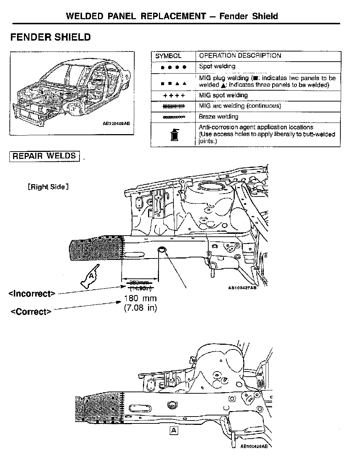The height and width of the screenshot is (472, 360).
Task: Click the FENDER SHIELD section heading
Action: pyautogui.click(x=50, y=37)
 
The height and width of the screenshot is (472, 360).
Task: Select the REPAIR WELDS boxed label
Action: pyautogui.click(x=44, y=156)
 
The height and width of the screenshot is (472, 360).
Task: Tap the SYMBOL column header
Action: pyautogui.click(x=168, y=56)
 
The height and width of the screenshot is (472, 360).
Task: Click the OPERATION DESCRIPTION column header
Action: pyautogui.click(x=240, y=56)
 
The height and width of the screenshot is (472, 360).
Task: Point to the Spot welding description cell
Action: pyautogui.click(x=217, y=66)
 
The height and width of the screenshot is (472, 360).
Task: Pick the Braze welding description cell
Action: pyautogui.click(x=218, y=117)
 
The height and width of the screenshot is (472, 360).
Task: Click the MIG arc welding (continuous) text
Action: pyautogui.click(x=240, y=106)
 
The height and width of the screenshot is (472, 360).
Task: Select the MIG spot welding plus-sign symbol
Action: pyautogui.click(x=174, y=96)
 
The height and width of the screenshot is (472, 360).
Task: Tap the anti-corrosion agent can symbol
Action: pyautogui.click(x=173, y=134)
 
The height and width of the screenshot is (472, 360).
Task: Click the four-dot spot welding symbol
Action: pyautogui.click(x=173, y=67)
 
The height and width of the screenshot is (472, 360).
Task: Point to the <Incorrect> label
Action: pyautogui.click(x=32, y=294)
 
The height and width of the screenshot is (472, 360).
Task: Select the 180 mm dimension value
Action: pyautogui.click(x=140, y=299)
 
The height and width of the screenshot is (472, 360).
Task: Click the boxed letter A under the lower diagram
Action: pyautogui.click(x=174, y=430)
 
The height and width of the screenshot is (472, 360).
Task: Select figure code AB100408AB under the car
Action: pyautogui.click(x=116, y=123)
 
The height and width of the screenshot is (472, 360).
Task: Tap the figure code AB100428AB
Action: pyautogui.click(x=254, y=447)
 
